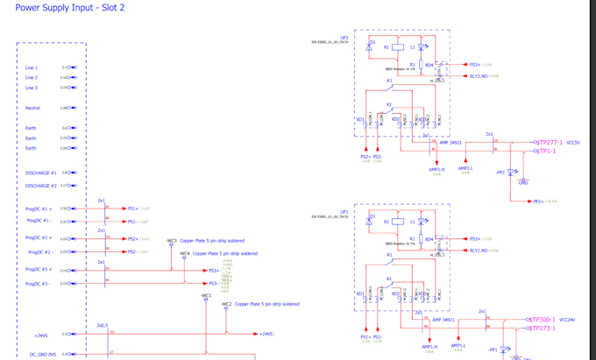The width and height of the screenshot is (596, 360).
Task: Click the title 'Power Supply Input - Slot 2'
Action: [70, 7]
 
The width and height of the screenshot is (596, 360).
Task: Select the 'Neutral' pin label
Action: [32, 108]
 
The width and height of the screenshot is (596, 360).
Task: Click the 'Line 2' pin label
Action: [32, 77]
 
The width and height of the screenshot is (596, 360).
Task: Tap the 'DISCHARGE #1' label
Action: [40, 173]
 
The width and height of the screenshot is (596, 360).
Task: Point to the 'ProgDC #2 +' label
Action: [39, 237]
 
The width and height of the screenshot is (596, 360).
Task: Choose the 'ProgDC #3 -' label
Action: [39, 284]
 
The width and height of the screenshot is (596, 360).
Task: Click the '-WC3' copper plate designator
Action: [171, 240]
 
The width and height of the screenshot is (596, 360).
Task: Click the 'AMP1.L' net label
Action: [458, 346]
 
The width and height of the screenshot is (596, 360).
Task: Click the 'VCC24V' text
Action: [570, 320]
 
